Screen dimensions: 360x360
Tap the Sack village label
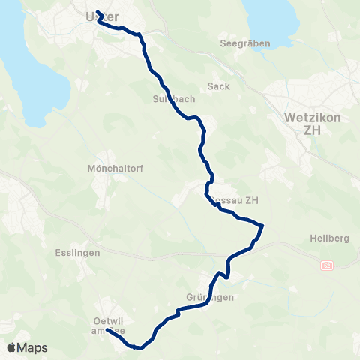pos(219,86)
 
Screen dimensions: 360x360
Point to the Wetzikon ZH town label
pos(313,124)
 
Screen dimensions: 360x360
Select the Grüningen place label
pos(210,297)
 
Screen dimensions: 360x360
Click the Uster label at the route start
pos(103,16)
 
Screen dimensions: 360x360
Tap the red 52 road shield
pos(327,265)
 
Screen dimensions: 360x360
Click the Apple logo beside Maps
pos(12,347)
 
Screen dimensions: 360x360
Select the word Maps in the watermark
pos(32,348)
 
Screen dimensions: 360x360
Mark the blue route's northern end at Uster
pos(98,12)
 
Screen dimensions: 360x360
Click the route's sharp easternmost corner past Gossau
pos(262,225)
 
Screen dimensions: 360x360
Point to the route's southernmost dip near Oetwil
pos(138,347)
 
